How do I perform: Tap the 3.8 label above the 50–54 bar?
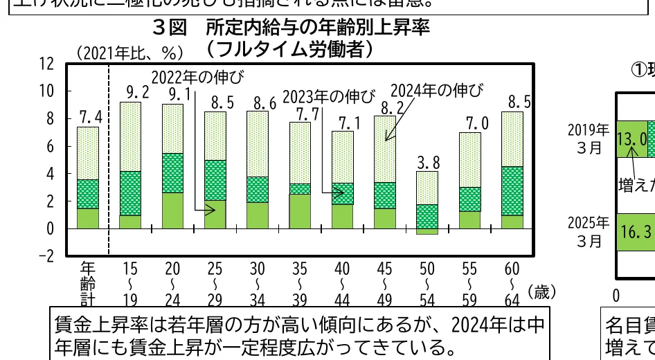(x=428, y=163)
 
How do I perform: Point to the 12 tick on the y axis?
(x=46, y=64)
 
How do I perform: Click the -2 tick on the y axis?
(x=44, y=256)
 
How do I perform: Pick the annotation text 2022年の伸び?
(x=198, y=76)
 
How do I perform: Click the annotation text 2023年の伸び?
(x=330, y=96)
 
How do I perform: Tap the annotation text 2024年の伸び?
(x=437, y=90)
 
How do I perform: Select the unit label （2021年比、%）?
(x=129, y=53)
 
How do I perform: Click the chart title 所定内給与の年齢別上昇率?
(x=318, y=28)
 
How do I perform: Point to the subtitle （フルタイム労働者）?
(x=290, y=49)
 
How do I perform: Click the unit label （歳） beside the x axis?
(x=542, y=292)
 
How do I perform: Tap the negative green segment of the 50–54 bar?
(x=428, y=231)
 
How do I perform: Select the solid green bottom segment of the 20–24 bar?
(x=172, y=210)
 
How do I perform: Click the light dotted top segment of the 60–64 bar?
(x=512, y=138)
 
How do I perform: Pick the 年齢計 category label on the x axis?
(x=88, y=283)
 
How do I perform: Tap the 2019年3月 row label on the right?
(x=589, y=139)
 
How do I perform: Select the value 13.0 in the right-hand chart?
(x=632, y=139)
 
